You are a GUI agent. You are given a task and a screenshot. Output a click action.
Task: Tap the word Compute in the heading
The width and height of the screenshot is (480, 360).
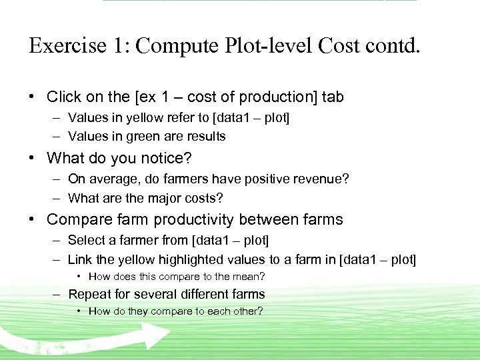(x=175, y=45)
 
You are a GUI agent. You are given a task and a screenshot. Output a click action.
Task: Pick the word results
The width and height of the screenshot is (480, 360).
(x=205, y=136)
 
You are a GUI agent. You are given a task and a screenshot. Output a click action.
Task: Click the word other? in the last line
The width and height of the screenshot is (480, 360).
(x=247, y=311)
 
